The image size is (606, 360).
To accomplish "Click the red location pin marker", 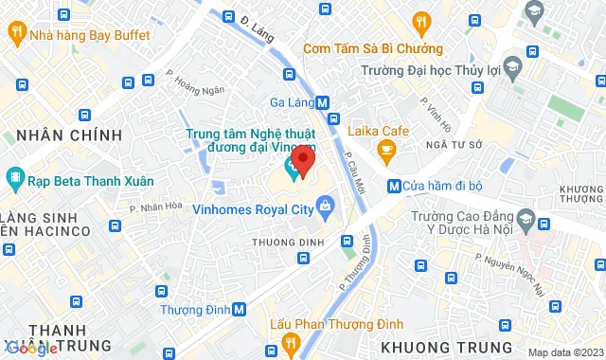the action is click(x=302, y=158).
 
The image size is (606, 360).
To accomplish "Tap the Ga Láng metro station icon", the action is click(x=323, y=102).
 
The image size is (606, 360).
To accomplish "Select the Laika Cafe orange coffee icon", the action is click(x=385, y=149).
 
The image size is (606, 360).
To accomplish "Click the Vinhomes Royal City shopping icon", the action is click(x=326, y=205).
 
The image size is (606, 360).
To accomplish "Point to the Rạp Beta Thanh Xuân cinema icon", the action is click(x=15, y=178).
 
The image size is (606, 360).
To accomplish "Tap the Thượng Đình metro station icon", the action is click(x=240, y=308).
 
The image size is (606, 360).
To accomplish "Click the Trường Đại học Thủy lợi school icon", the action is click(x=512, y=68).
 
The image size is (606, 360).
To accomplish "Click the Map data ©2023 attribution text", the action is click(x=565, y=352).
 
